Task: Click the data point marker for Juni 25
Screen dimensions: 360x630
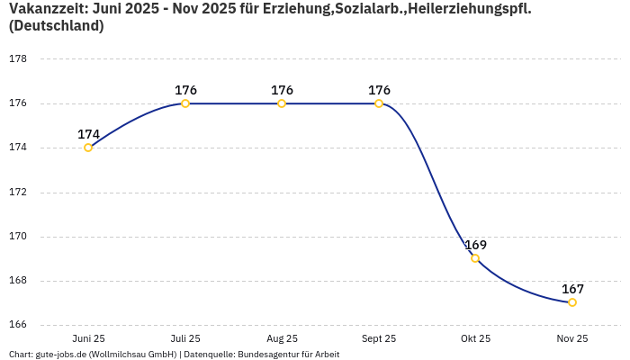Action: pyautogui.click(x=88, y=148)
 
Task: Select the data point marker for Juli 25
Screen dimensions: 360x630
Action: pyautogui.click(x=185, y=103)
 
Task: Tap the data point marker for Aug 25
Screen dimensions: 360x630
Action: pyautogui.click(x=282, y=103)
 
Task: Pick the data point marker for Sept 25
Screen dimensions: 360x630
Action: pyautogui.click(x=379, y=103)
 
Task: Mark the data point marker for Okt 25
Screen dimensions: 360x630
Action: pyautogui.click(x=475, y=258)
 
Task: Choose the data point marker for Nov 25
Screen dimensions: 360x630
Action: pyautogui.click(x=572, y=302)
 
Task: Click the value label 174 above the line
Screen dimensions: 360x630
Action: pyautogui.click(x=88, y=134)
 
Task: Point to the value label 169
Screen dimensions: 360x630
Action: pyautogui.click(x=475, y=245)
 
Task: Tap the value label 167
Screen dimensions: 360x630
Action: pyautogui.click(x=572, y=289)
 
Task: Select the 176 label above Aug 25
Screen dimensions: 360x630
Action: pyautogui.click(x=282, y=90)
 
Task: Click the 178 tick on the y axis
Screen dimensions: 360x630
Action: pyautogui.click(x=17, y=59)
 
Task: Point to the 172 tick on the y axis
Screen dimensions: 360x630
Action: pyautogui.click(x=17, y=193)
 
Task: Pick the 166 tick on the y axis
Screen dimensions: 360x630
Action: pyautogui.click(x=17, y=325)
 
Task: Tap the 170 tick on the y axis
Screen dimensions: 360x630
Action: pyautogui.click(x=17, y=237)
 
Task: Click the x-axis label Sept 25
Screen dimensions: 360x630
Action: pyautogui.click(x=379, y=338)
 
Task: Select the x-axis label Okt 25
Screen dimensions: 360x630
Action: pyautogui.click(x=475, y=338)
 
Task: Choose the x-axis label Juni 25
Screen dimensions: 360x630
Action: pyautogui.click(x=88, y=338)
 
